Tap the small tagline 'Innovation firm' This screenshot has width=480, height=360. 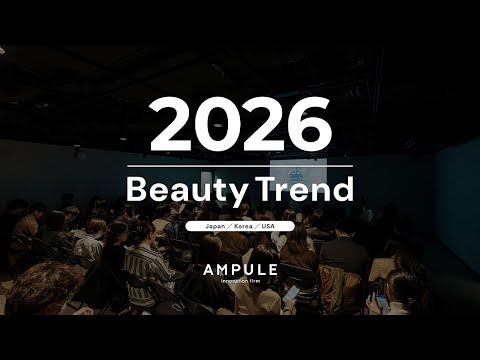pyautogui.click(x=240, y=283)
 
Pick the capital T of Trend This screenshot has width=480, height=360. pyautogui.click(x=264, y=189)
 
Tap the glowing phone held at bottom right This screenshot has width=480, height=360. pyautogui.click(x=381, y=299)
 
